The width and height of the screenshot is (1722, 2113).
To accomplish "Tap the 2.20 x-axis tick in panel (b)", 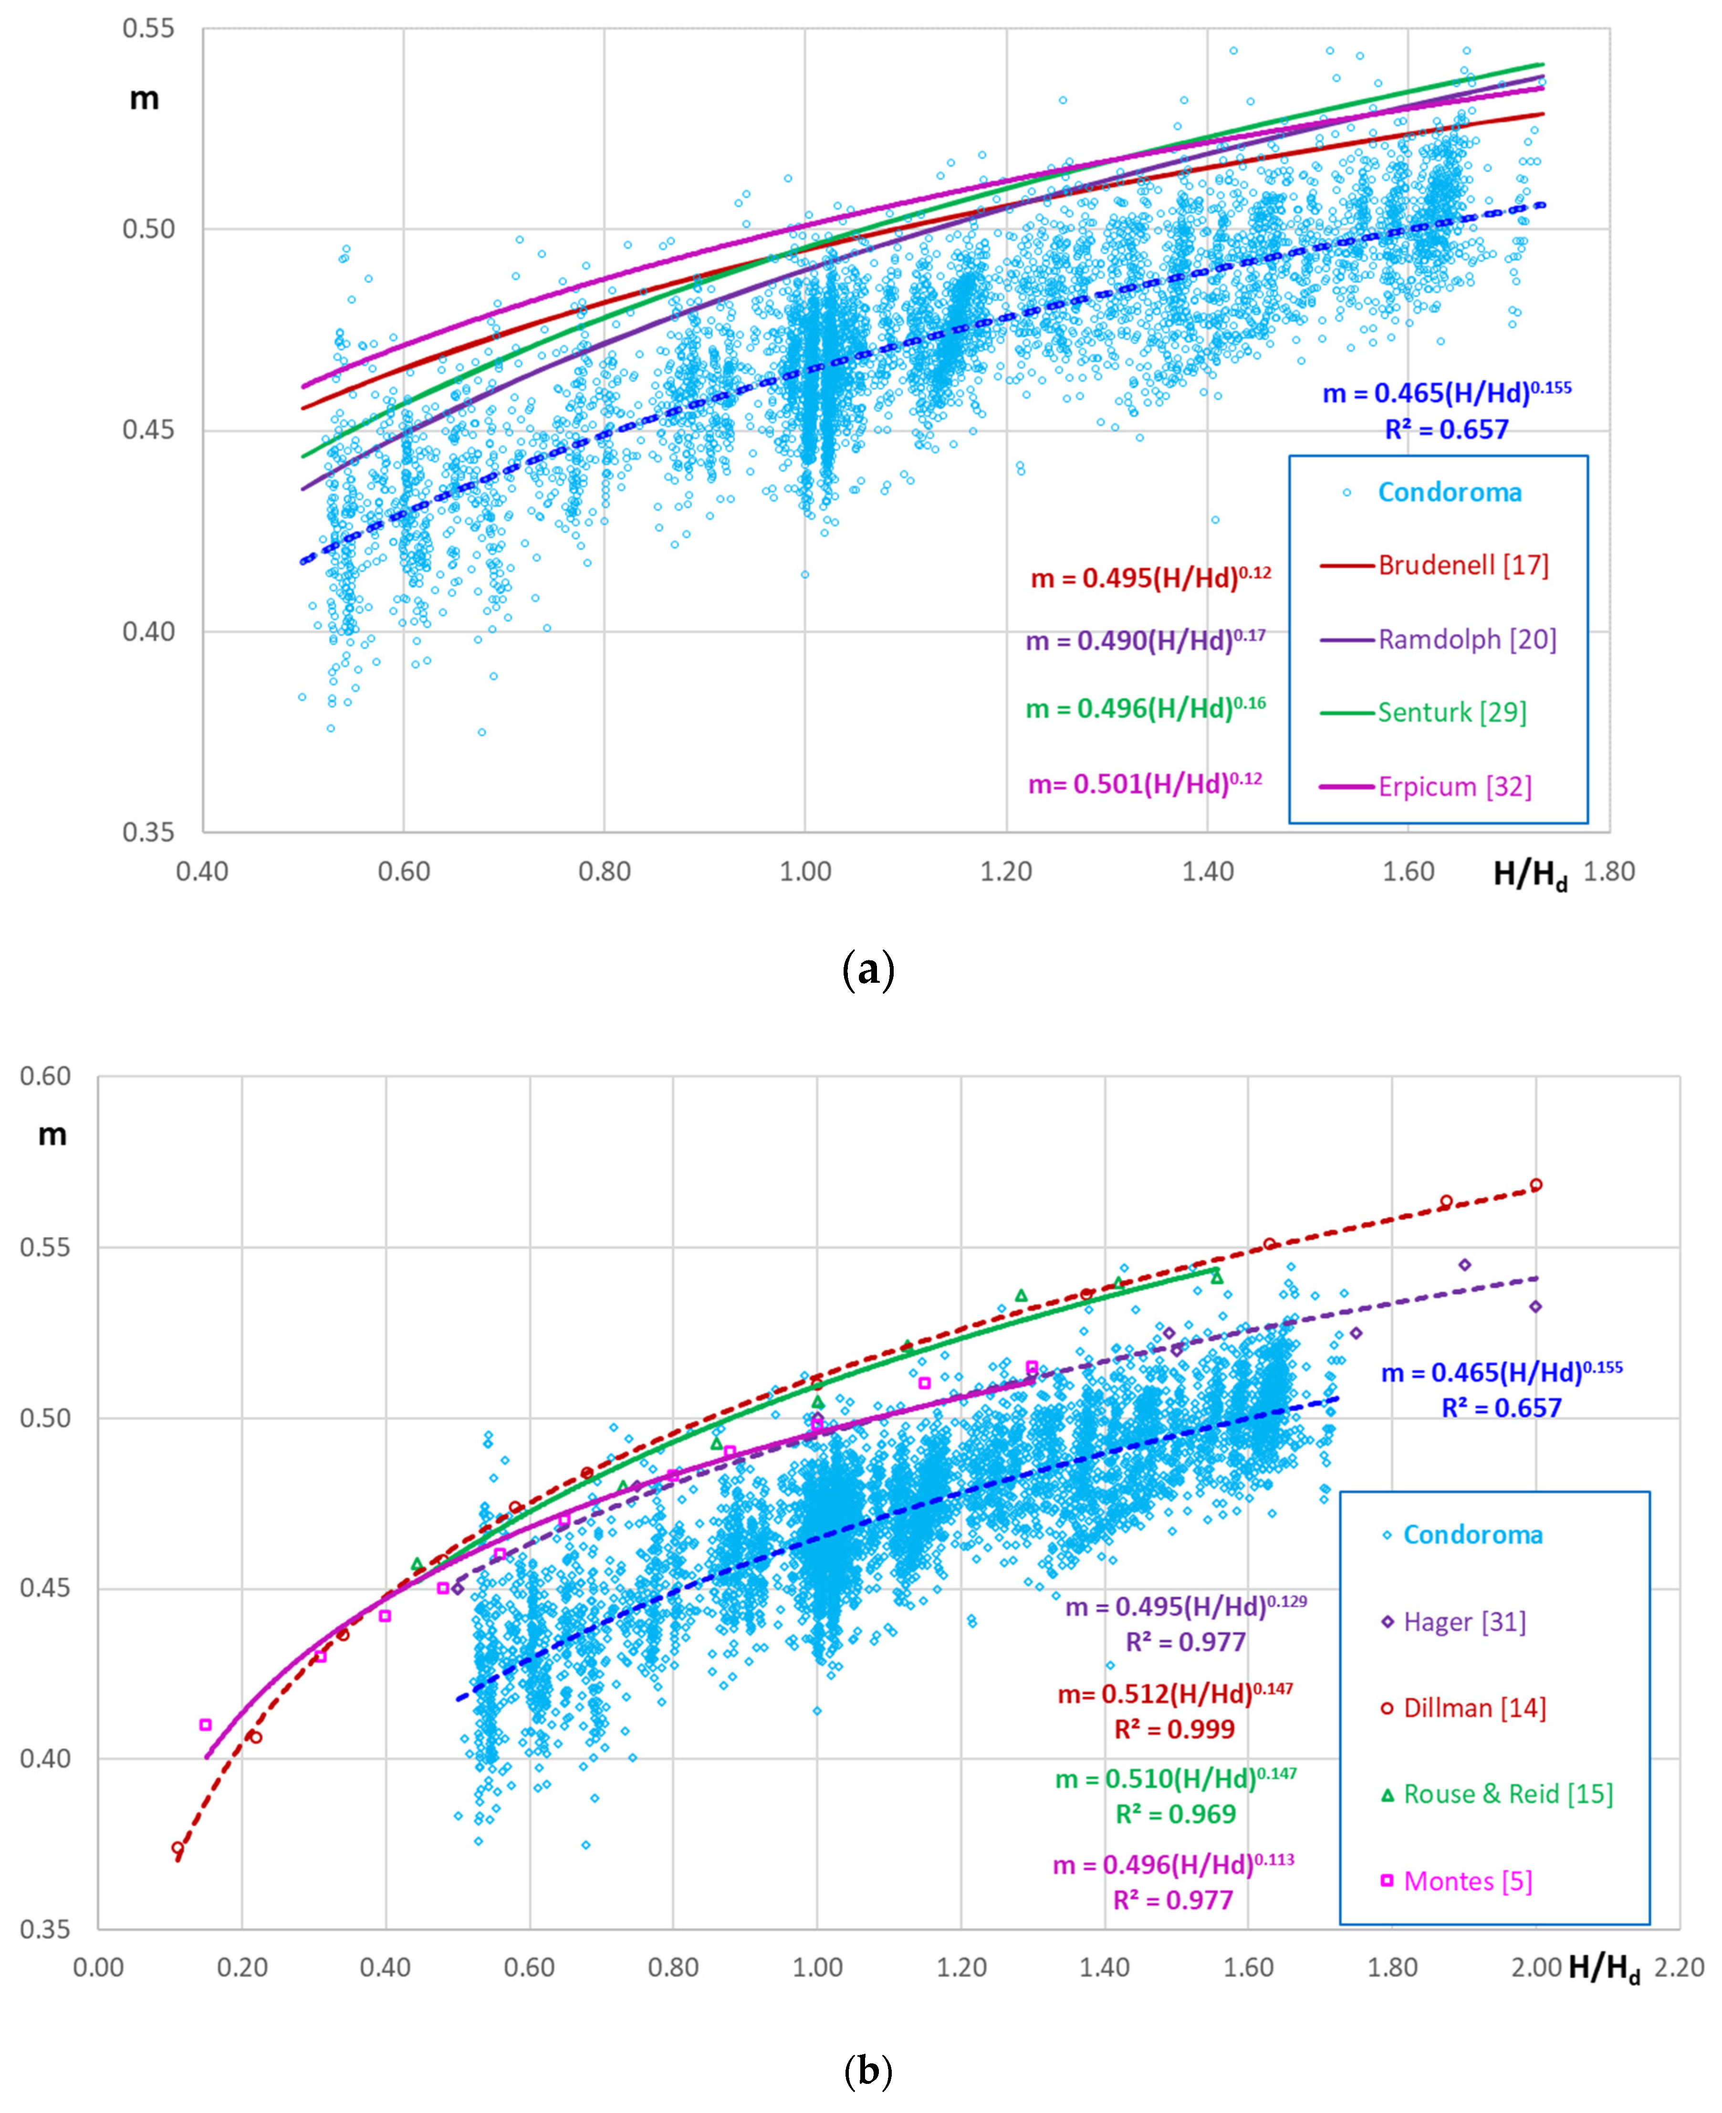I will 1680,1967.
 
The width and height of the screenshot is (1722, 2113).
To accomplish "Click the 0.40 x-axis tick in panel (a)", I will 202,872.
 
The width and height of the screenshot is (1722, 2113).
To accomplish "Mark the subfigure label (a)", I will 867,969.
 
